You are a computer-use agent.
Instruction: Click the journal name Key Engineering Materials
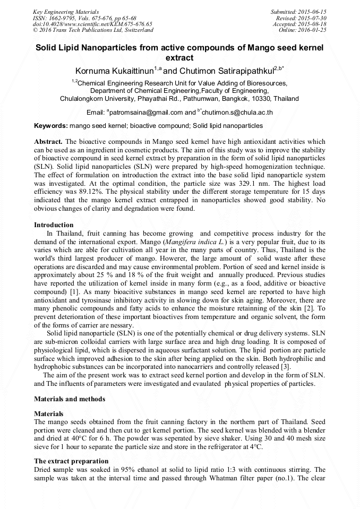(65, 11)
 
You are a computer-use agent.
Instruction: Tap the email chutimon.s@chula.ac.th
(237, 113)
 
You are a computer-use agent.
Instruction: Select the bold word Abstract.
(48, 142)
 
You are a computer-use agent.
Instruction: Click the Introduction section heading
(54, 225)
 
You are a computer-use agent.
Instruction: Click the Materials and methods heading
(70, 399)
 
